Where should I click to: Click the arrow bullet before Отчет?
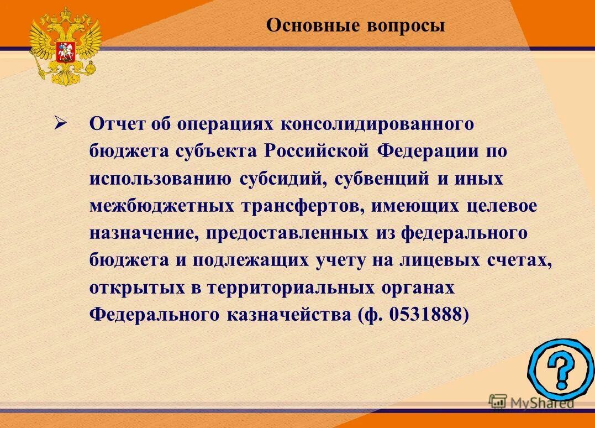(x=60, y=123)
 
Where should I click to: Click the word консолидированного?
(x=378, y=123)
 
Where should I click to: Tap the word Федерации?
(x=423, y=150)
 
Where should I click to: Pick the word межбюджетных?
(x=161, y=206)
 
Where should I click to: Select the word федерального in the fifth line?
(x=465, y=233)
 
